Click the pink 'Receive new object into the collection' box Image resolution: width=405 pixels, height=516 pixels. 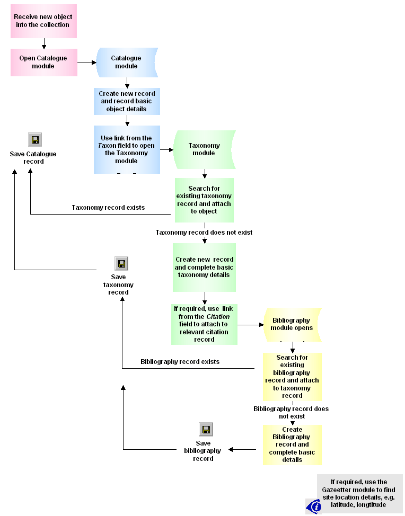(43, 21)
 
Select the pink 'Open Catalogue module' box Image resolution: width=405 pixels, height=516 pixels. (43, 63)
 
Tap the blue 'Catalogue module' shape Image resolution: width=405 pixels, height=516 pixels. (126, 63)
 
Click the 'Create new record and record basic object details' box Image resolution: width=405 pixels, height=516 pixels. (127, 101)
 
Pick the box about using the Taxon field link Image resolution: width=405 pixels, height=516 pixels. (127, 149)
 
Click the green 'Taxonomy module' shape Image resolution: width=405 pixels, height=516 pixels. (204, 149)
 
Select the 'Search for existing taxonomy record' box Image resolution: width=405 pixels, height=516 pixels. (204, 200)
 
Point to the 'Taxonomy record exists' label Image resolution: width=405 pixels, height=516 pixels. (108, 208)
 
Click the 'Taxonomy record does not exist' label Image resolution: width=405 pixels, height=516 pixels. (204, 233)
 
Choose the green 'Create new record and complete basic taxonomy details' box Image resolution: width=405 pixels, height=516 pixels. (204, 268)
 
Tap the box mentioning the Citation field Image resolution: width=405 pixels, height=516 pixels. (204, 324)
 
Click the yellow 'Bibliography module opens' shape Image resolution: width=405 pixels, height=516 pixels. (292, 324)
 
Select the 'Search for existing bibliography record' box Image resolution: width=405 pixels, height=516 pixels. (292, 377)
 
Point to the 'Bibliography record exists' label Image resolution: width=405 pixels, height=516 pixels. (180, 362)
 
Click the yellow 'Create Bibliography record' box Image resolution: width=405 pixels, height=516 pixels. (292, 445)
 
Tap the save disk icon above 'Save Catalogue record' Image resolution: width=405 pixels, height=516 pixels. (34, 140)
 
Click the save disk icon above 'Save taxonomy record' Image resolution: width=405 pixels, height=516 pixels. (121, 263)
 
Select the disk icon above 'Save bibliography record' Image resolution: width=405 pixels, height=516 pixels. (206, 430)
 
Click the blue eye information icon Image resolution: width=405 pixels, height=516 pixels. (314, 506)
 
